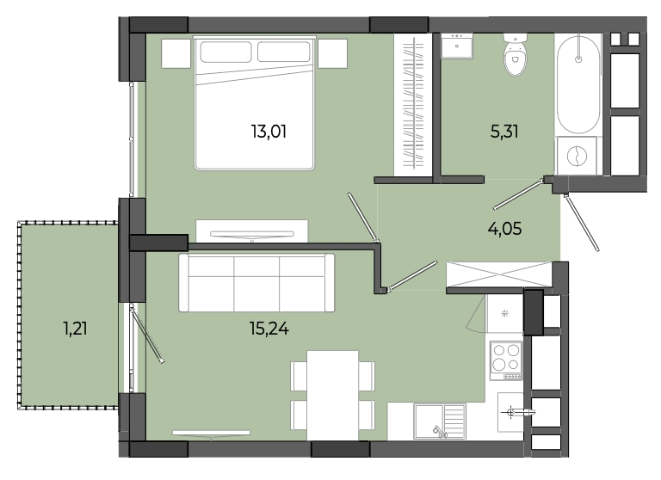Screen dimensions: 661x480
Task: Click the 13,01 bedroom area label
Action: point(269,132)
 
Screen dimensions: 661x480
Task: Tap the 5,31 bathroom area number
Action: point(504,132)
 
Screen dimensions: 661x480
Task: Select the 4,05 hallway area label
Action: point(504,229)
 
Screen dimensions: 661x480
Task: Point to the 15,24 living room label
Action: point(269,329)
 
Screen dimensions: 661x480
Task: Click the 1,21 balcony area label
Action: point(76,329)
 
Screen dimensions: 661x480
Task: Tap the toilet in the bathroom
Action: point(515,55)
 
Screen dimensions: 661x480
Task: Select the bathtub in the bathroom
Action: point(578,84)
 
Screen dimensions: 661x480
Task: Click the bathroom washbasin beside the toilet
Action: point(457,46)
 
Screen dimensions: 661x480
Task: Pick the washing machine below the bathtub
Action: point(577,156)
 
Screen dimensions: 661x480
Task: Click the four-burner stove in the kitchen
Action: point(506,360)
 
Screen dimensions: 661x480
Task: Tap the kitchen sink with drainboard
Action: point(440,421)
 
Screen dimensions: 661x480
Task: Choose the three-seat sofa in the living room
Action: point(256,282)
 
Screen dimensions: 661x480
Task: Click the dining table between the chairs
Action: point(332,396)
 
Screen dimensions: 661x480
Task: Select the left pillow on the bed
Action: point(225,52)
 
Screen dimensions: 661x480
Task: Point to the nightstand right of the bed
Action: point(332,53)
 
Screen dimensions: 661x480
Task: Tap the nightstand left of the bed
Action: point(176,53)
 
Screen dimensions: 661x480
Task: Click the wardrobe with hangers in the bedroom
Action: point(413,104)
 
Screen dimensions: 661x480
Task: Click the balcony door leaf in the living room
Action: point(146,335)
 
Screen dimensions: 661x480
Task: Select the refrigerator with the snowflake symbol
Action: point(504,313)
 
